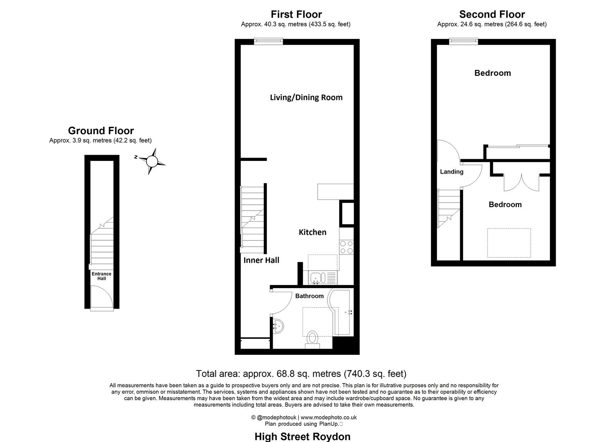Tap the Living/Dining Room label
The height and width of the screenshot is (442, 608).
(x=306, y=97)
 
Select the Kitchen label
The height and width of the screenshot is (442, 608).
(x=312, y=232)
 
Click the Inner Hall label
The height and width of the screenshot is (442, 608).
(x=261, y=260)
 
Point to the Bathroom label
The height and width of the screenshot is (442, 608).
(x=309, y=296)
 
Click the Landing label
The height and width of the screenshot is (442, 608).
(x=452, y=172)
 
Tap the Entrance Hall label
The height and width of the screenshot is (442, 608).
(x=102, y=276)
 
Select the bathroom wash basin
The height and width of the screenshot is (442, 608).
(x=278, y=326)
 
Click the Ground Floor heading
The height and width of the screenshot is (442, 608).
(x=101, y=131)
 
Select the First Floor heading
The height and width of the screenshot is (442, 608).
(x=296, y=14)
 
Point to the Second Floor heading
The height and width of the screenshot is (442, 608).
(x=492, y=14)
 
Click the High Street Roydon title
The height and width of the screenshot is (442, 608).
(x=302, y=436)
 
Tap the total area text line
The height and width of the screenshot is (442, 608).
(x=301, y=374)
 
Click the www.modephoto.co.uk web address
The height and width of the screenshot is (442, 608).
(x=329, y=417)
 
